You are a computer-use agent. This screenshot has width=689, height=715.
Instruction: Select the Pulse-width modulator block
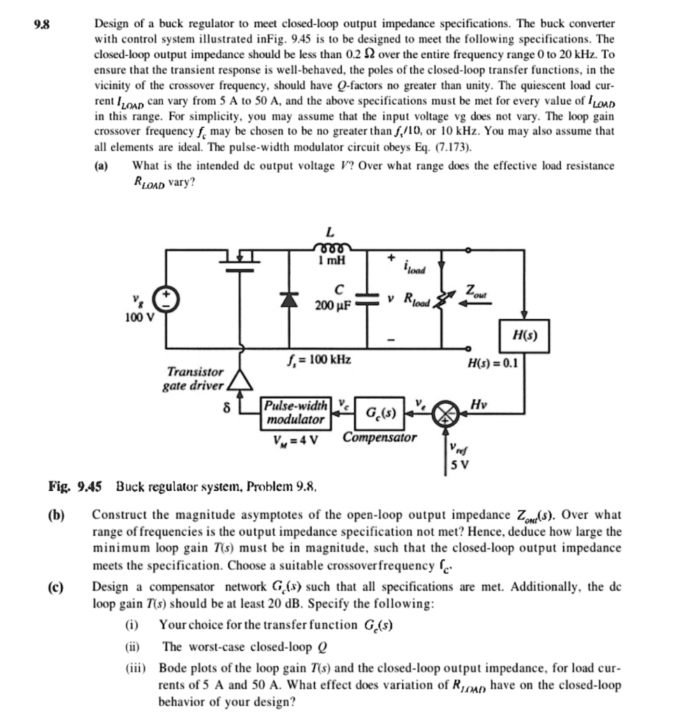click(296, 413)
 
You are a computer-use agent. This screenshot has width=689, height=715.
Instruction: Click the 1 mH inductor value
click(328, 262)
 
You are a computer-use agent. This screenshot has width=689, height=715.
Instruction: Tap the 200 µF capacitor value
click(330, 305)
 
